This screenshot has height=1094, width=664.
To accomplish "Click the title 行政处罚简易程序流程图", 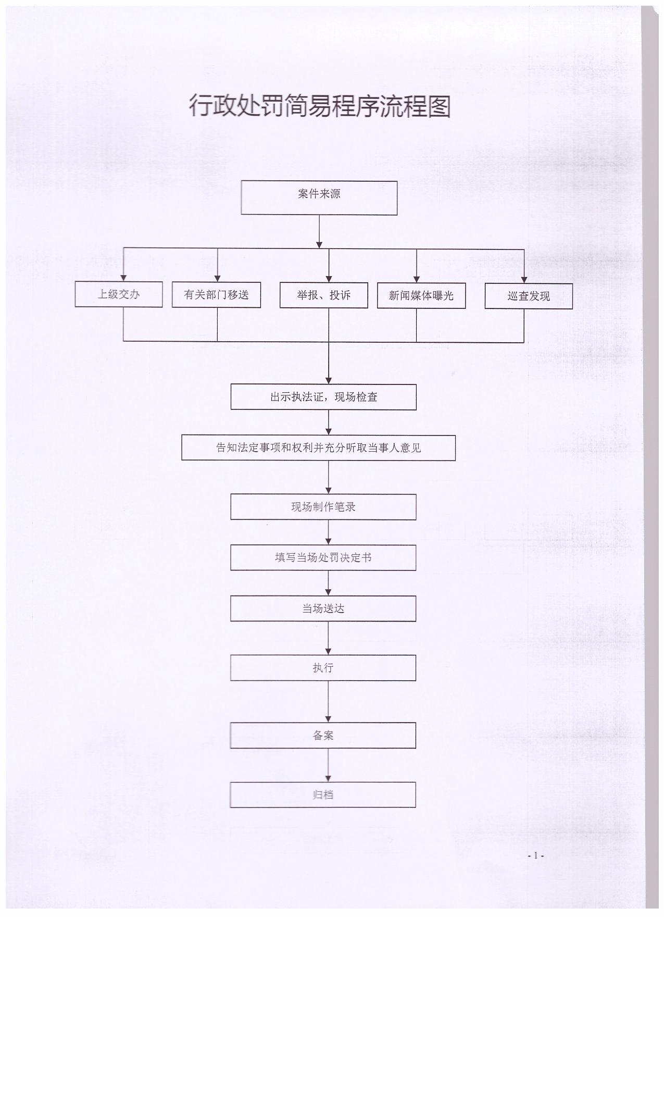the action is point(319,106).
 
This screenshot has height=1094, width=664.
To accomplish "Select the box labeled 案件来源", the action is point(319,197).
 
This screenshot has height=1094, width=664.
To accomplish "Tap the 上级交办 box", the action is point(119,294).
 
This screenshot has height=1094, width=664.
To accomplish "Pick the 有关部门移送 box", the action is point(216,295).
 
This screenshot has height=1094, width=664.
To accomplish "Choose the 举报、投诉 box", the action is point(324,295).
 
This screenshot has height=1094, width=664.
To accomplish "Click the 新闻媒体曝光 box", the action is point(421,296).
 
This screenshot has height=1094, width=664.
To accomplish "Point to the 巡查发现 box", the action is point(529,296).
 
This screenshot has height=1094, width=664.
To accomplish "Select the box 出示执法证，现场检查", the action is point(323,397).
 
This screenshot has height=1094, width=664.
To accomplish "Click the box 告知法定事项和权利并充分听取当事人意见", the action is point(318,448).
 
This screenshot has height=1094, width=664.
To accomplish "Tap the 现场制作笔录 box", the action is point(323,507).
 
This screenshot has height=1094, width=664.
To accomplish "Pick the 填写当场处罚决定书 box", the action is point(323,558).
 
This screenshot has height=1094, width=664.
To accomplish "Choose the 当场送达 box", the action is point(323,608).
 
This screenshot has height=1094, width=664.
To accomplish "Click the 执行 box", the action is point(323,668).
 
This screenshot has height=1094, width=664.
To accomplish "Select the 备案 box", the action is point(323,736).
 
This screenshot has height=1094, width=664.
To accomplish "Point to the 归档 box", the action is point(323,795).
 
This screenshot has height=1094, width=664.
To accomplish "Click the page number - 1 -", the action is point(536,855).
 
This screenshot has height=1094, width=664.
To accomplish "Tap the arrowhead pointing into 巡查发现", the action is point(524,280).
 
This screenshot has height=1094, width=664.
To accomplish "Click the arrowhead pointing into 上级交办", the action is point(123,278).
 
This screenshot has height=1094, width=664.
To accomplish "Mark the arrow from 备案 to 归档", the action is point(328,765).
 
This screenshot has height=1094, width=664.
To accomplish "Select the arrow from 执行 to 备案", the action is point(328,702).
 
